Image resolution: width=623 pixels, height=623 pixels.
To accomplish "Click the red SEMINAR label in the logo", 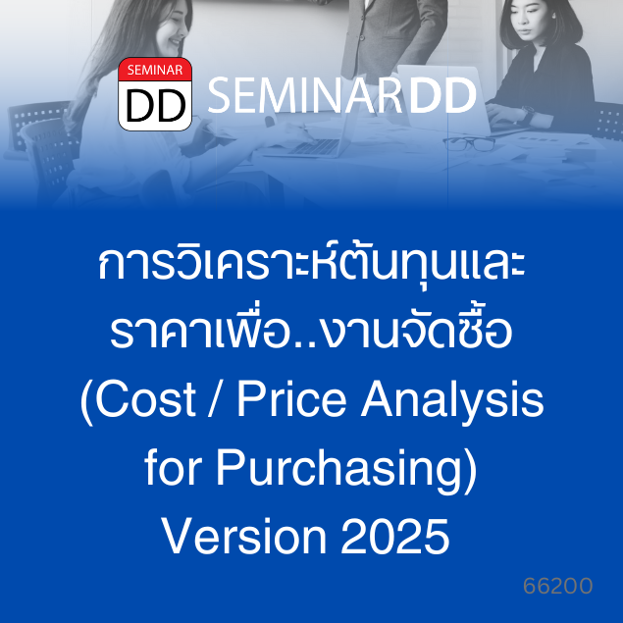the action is [155, 70].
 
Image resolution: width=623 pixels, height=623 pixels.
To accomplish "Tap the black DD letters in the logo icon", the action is [155, 105].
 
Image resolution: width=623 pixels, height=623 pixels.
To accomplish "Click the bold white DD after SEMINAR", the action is [442, 95].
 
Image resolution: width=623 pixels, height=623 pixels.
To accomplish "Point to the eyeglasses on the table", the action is [469, 144].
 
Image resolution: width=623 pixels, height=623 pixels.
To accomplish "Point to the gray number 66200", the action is [558, 586].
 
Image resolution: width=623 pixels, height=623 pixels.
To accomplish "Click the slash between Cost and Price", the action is [217, 398].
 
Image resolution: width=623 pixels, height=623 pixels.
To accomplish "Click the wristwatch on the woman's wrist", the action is [529, 114].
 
